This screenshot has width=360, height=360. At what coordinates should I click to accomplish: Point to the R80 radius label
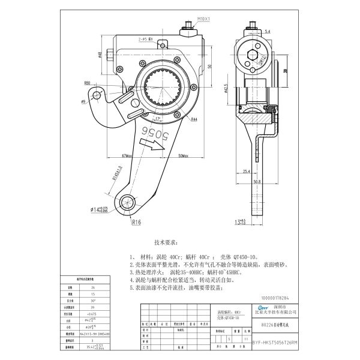tap(88, 82)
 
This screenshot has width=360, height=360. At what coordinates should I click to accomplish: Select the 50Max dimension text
tap(184, 156)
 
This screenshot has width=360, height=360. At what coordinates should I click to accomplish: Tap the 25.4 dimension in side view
tap(247, 171)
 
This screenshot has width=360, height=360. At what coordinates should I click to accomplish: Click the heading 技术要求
tap(166, 243)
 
